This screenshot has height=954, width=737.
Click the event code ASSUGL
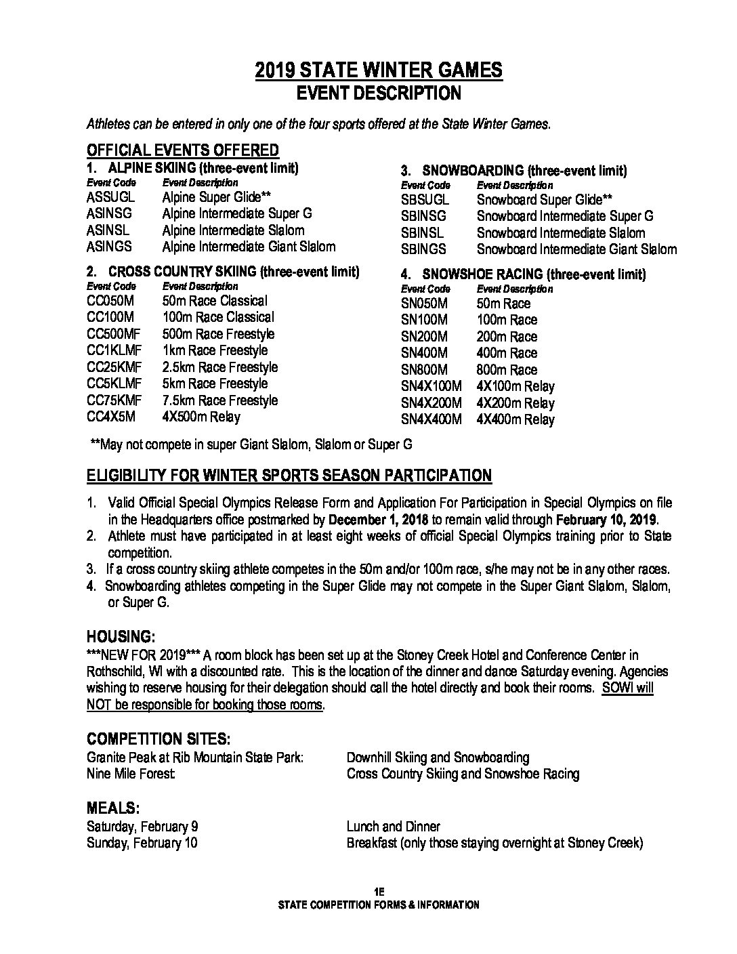[x=110, y=197]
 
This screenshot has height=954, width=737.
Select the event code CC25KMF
[x=114, y=367]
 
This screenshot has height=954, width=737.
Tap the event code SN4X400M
[x=431, y=419]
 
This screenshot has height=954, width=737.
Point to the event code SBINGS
[x=423, y=249]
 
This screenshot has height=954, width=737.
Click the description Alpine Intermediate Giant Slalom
[x=249, y=247]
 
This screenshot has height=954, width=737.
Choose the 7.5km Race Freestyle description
[x=219, y=400]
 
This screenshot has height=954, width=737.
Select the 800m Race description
[x=507, y=370]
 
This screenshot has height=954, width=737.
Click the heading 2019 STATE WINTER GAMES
[x=379, y=70]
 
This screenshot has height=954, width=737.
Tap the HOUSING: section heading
[x=121, y=637]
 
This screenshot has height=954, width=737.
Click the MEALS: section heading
[x=113, y=808]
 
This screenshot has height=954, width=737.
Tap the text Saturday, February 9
[x=142, y=827]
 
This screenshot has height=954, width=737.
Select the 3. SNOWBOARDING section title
[x=514, y=171]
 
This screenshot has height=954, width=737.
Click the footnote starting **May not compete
[x=251, y=444]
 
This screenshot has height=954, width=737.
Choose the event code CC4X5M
[x=111, y=417]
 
